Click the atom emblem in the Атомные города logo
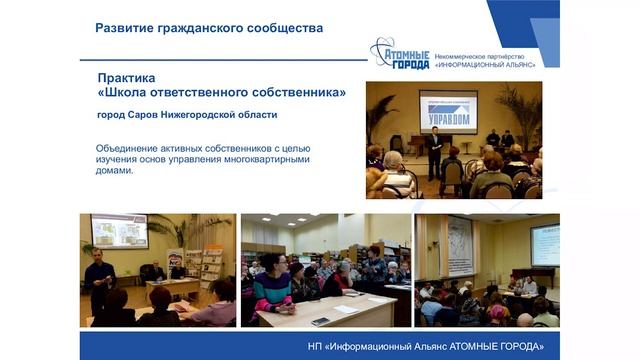385,53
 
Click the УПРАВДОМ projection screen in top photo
447,109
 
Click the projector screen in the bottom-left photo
119,231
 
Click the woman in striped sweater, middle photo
272,290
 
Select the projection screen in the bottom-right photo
544,244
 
